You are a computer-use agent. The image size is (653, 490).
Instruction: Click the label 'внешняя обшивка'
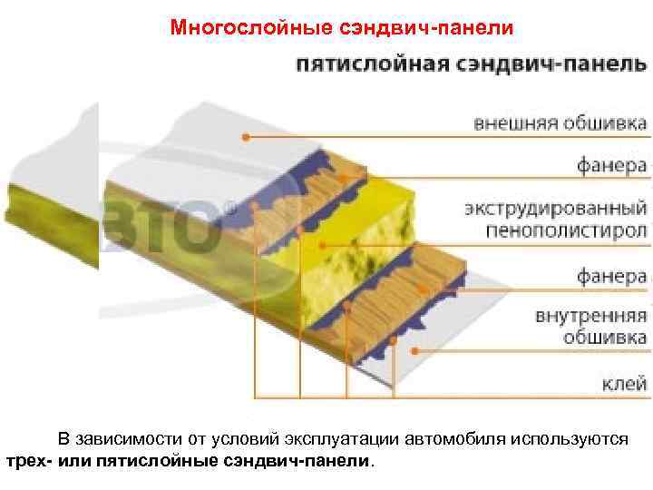coord(560,122)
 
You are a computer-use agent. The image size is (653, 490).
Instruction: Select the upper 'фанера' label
coord(612,166)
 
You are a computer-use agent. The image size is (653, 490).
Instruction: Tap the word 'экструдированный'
coord(555,209)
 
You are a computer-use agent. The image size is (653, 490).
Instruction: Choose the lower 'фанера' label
coord(612,275)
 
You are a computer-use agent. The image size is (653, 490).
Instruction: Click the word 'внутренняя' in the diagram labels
coord(590,317)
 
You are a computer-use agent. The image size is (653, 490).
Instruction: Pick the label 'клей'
coord(625,383)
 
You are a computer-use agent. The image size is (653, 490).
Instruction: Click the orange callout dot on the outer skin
coord(245,137)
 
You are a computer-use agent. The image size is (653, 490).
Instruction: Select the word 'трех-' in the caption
coord(28,460)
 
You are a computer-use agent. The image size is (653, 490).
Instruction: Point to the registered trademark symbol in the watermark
coord(229,208)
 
